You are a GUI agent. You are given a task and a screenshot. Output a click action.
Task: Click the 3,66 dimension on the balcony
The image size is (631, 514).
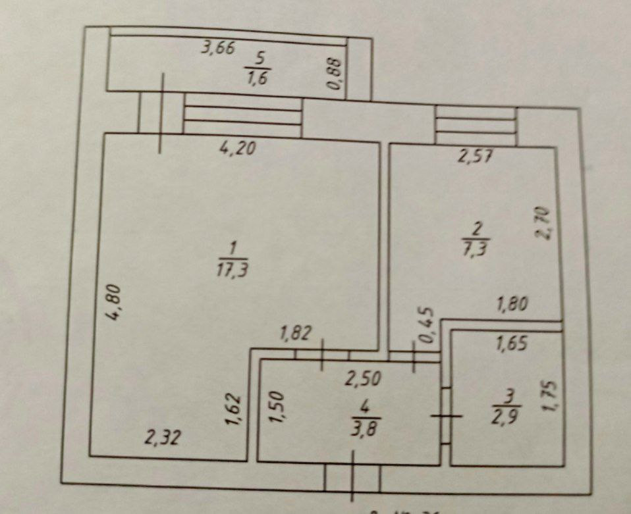(218, 49)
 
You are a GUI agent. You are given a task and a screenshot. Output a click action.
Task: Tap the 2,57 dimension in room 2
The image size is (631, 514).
(476, 157)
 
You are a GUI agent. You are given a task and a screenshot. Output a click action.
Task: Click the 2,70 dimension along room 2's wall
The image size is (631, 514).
(545, 224)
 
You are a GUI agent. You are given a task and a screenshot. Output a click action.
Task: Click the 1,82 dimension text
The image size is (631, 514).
(295, 334)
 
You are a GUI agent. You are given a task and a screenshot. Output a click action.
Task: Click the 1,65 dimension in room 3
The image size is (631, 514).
(512, 344)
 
